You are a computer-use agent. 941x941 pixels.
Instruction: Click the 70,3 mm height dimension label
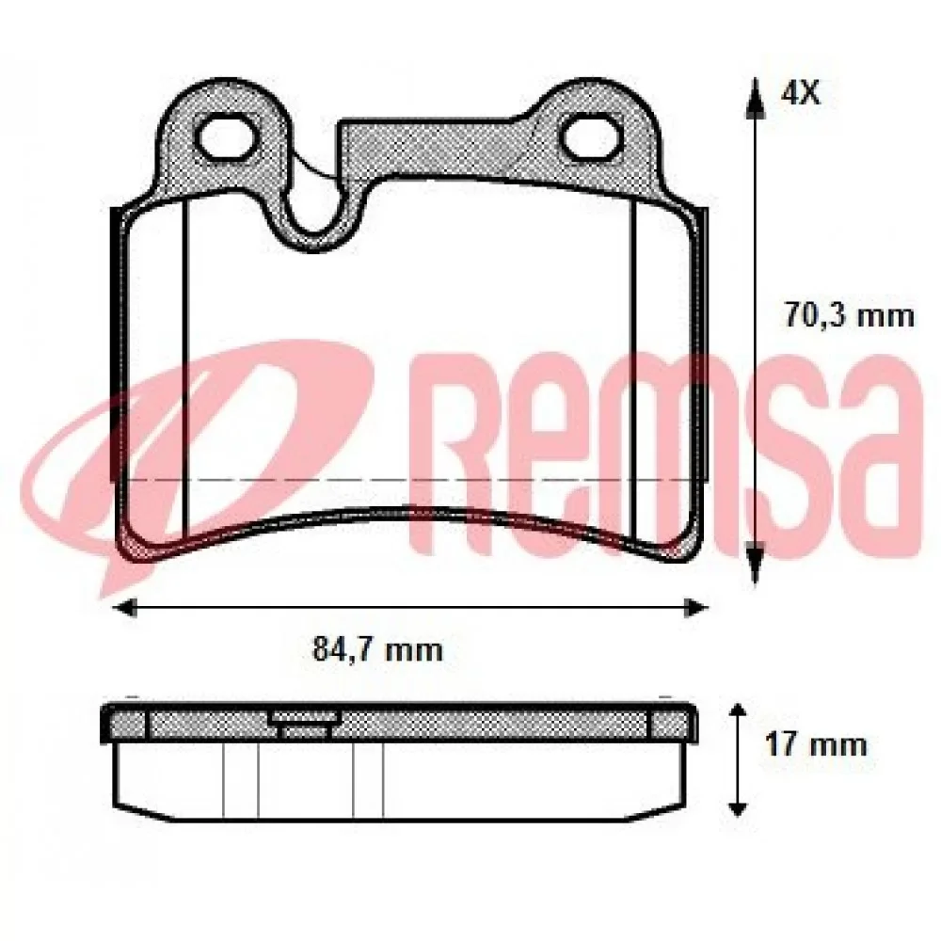(849, 315)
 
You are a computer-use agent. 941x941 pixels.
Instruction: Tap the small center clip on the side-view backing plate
(303, 722)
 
